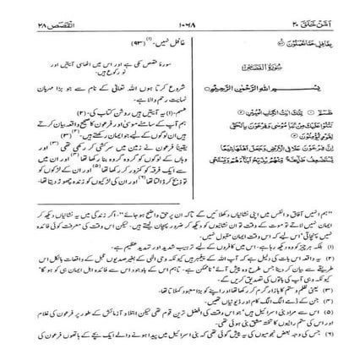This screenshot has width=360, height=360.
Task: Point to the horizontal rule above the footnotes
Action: pyautogui.click(x=180, y=225)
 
